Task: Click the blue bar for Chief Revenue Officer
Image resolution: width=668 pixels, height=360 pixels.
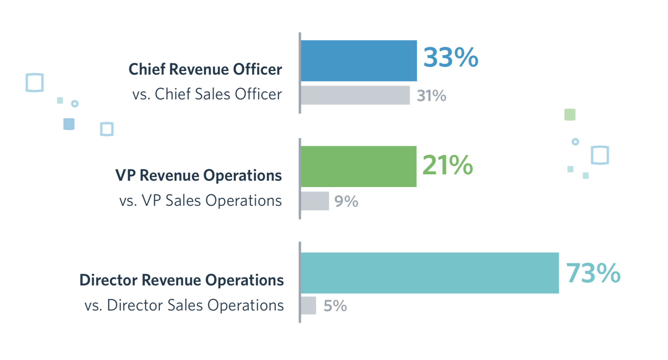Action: pyautogui.click(x=359, y=61)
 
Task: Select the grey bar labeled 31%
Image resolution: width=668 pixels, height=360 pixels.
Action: pyautogui.click(x=355, y=95)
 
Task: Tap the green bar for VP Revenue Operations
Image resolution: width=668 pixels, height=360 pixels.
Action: pyautogui.click(x=358, y=166)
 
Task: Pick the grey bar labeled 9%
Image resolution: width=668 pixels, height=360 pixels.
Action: pyautogui.click(x=315, y=201)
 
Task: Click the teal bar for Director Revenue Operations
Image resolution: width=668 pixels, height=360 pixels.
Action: pyautogui.click(x=430, y=273)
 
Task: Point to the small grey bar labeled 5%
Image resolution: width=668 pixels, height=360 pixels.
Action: pyautogui.click(x=308, y=305)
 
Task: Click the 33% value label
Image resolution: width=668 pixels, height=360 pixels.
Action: pyautogui.click(x=450, y=57)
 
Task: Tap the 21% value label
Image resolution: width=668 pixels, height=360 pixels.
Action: pyautogui.click(x=447, y=165)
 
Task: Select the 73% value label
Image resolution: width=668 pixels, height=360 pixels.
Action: pyautogui.click(x=593, y=273)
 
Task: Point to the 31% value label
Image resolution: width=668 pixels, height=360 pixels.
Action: pyautogui.click(x=431, y=96)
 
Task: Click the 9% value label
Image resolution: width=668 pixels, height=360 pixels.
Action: pyautogui.click(x=346, y=201)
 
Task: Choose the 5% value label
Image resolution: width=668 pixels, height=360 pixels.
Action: pyautogui.click(x=335, y=306)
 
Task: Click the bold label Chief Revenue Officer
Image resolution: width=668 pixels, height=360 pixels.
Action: pyautogui.click(x=205, y=69)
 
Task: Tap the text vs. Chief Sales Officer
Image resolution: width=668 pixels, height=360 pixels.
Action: pyautogui.click(x=207, y=94)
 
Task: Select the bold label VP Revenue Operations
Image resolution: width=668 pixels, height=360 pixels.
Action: pyautogui.click(x=198, y=175)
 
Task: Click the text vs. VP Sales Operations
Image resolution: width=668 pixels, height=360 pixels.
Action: pyautogui.click(x=200, y=200)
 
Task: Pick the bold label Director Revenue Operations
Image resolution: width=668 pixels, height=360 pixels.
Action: pyautogui.click(x=181, y=280)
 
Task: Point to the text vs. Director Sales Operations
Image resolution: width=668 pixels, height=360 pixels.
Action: pyautogui.click(x=184, y=305)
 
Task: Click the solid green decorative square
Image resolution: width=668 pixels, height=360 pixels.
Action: pyautogui.click(x=570, y=114)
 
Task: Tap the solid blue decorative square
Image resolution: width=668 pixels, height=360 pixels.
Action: pyautogui.click(x=69, y=124)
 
